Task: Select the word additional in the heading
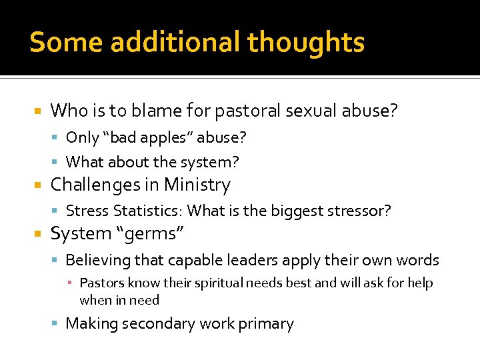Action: (176, 42)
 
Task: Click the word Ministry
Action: (197, 184)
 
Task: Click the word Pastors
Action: (102, 283)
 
